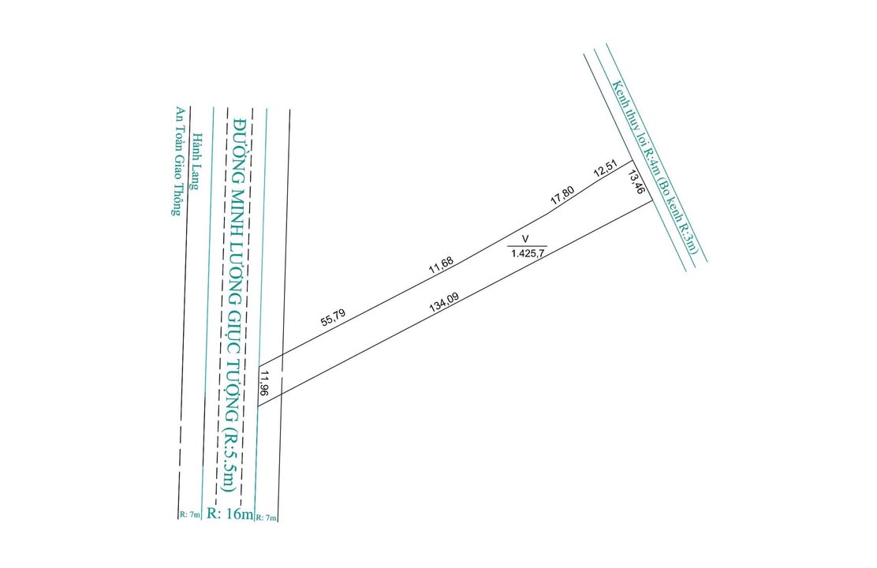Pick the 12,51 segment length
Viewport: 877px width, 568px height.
coord(606,170)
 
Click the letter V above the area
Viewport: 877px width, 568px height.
coord(526,237)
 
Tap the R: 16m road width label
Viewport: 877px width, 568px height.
coord(229,514)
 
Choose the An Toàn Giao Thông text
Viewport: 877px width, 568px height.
coord(179,161)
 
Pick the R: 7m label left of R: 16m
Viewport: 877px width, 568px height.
coord(189,515)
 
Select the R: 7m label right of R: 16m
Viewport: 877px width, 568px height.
coord(267,517)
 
